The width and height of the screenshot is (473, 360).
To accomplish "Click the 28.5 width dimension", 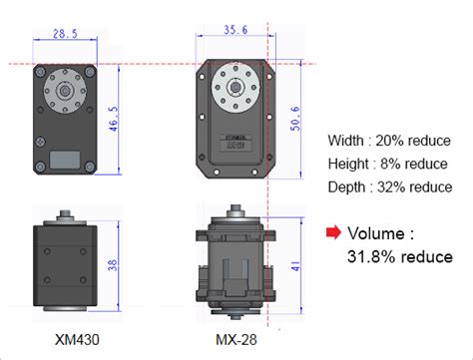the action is click(x=65, y=34).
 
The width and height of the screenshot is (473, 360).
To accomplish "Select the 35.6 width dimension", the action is click(x=236, y=30).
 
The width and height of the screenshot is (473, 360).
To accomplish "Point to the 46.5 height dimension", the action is click(x=114, y=119).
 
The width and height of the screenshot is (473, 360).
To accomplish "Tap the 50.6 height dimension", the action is click(x=295, y=119).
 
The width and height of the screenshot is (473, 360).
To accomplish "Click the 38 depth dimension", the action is click(x=113, y=264).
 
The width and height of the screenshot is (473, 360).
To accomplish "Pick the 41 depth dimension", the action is click(x=295, y=266).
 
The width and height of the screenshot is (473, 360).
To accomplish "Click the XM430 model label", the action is click(x=77, y=340).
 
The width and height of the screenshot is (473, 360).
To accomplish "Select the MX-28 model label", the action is click(x=236, y=340).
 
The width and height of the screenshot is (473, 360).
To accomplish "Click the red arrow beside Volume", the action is click(x=333, y=232).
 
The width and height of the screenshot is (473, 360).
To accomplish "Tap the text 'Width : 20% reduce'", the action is click(x=389, y=141).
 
